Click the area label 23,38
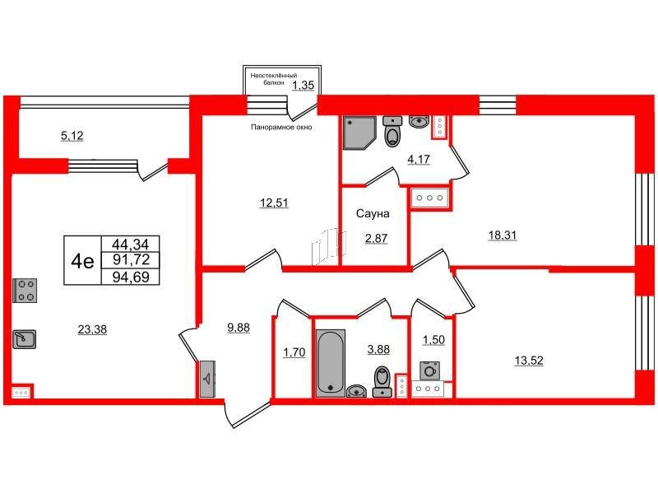click(92, 330)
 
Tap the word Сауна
click(373, 213)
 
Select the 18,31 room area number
click(503, 235)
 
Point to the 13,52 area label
click(529, 360)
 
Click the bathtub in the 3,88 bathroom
click(331, 363)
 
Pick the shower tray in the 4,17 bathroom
click(359, 133)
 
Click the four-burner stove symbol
click(25, 291)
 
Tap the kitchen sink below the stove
click(25, 339)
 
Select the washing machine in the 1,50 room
click(429, 371)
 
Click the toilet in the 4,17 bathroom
click(393, 131)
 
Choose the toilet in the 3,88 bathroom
click(382, 381)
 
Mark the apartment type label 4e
click(83, 261)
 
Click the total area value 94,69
click(131, 277)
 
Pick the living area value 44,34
click(131, 244)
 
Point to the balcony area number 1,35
click(303, 86)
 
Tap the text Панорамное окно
click(281, 127)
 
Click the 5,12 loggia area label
click(72, 136)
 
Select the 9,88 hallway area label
click(239, 328)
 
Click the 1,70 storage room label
click(294, 352)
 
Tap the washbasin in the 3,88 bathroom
click(357, 391)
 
